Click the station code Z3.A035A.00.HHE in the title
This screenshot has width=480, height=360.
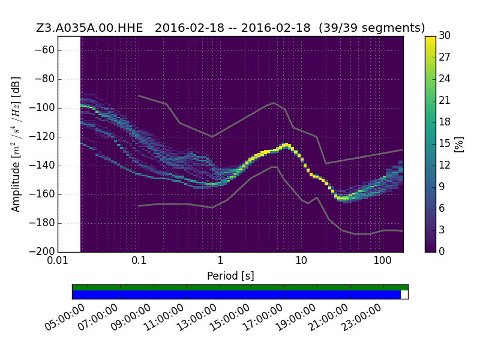[x=89, y=28]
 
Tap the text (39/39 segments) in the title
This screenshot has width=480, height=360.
[x=371, y=28]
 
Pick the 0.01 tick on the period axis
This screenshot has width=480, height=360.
[x=58, y=260]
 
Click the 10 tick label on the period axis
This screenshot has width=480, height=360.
[x=301, y=260]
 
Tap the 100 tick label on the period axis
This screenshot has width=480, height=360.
[x=382, y=260]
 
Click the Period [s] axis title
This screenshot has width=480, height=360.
[x=230, y=276]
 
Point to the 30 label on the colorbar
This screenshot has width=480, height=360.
[x=445, y=35]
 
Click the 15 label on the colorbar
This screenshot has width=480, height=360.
[x=445, y=143]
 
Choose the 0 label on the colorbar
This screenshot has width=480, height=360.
[x=442, y=251]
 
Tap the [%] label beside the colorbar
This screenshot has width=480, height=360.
[x=459, y=144]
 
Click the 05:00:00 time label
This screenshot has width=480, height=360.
[x=65, y=317]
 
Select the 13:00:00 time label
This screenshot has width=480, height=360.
[x=197, y=317]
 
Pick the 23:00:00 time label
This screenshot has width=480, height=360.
[x=362, y=317]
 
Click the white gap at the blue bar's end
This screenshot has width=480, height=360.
[x=404, y=295]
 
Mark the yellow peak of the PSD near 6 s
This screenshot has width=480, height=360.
[x=286, y=144]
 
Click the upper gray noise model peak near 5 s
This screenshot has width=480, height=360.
[x=274, y=103]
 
